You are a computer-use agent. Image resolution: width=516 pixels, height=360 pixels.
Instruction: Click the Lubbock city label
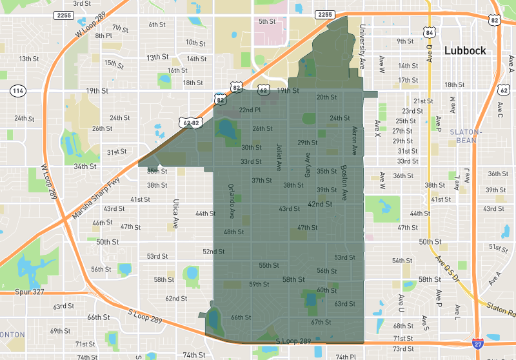point(464,51)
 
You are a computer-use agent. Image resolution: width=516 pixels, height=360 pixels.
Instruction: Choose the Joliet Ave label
point(279,157)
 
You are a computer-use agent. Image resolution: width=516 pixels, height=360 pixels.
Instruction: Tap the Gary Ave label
point(308,165)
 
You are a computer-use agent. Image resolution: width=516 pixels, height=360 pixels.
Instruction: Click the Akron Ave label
point(354,141)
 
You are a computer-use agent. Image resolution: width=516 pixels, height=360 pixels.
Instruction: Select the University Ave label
point(362,45)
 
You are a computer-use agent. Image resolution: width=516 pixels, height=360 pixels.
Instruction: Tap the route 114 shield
point(17,91)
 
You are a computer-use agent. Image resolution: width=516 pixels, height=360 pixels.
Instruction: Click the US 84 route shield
point(430,32)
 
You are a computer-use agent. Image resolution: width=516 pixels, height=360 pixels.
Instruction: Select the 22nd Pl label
point(250,110)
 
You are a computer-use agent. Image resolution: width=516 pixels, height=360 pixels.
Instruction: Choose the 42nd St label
point(319,204)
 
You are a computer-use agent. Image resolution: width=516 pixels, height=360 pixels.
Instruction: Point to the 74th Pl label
point(346,356)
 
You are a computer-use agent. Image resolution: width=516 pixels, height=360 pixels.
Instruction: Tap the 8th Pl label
point(104,35)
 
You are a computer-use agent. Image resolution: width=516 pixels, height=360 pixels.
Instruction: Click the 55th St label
point(269,265)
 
